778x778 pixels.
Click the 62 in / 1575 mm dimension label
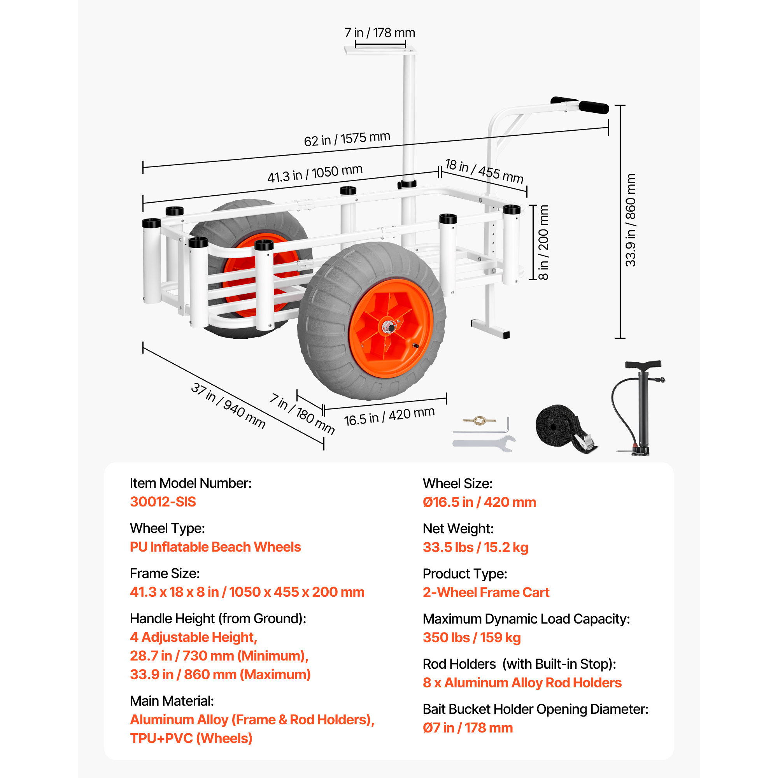[347, 139]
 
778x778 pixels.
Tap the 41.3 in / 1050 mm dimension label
[315, 173]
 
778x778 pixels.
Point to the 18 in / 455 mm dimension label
[484, 171]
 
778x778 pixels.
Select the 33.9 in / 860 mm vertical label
[631, 220]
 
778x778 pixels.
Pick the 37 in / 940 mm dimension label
[228, 405]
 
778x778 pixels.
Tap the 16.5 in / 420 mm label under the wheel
[389, 416]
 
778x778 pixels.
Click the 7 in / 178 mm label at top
[380, 33]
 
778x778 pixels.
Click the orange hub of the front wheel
[391, 328]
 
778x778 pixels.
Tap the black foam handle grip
[594, 107]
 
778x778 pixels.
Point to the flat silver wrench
[484, 443]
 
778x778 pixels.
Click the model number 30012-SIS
[163, 502]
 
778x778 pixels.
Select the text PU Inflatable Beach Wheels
[216, 547]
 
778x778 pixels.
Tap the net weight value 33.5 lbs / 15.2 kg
[475, 547]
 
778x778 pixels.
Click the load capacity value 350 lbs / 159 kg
[471, 638]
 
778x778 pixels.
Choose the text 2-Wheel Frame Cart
[486, 592]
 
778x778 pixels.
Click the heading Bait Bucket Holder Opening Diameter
[536, 709]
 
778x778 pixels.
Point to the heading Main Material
[172, 701]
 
